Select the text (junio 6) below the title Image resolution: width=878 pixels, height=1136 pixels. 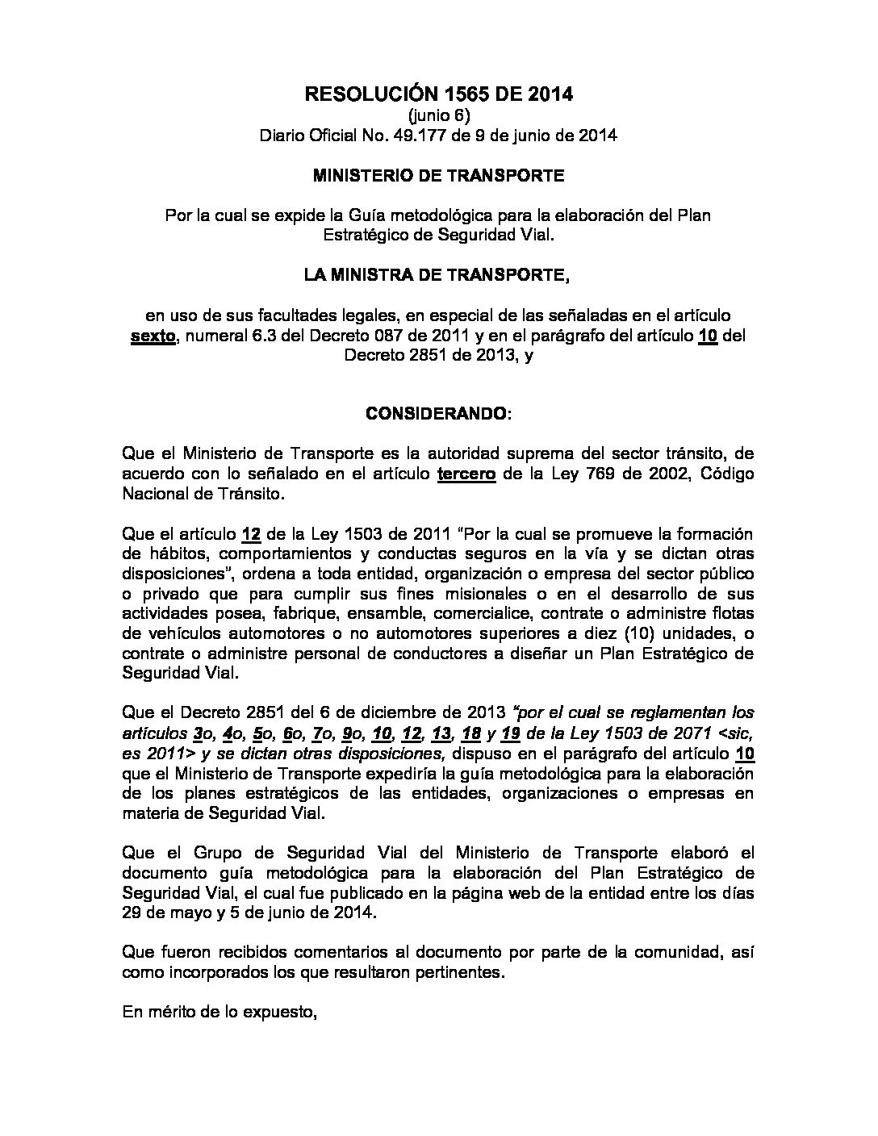click(x=438, y=115)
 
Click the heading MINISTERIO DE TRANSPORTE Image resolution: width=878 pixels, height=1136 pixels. click(x=438, y=175)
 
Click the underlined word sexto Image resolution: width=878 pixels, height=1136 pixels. click(x=153, y=335)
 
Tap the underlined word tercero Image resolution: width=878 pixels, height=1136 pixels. click(x=466, y=474)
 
